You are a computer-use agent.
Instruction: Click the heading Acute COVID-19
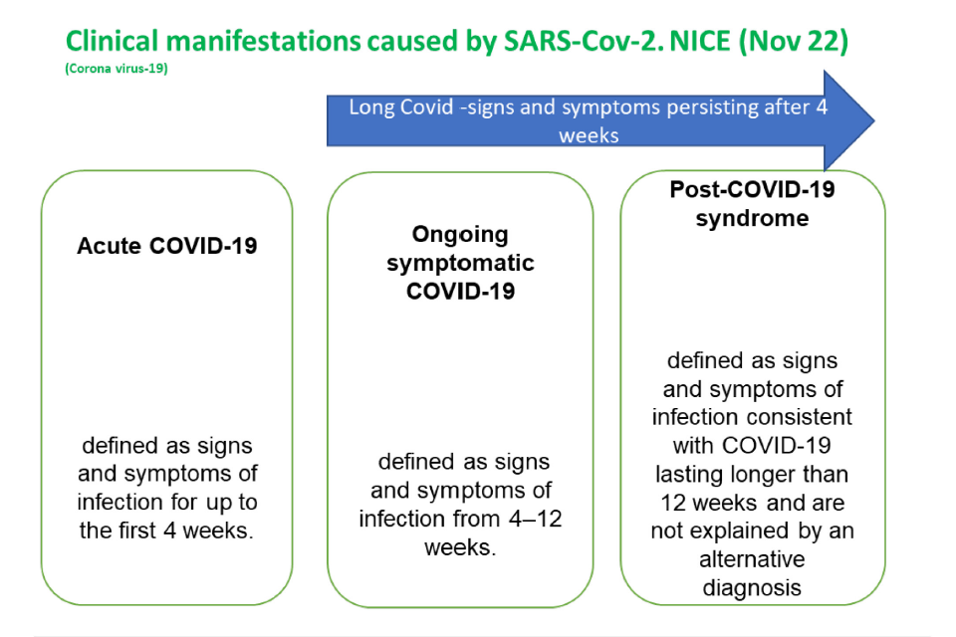[167, 246]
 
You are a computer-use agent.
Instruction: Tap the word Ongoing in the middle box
[460, 235]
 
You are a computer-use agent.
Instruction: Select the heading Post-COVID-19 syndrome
[753, 204]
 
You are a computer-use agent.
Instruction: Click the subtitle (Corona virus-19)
[117, 69]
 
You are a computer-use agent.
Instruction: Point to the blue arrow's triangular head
[846, 120]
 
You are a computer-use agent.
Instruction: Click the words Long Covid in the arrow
[401, 107]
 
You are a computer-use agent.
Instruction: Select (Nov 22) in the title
[794, 42]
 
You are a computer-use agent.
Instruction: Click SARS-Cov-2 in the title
[583, 42]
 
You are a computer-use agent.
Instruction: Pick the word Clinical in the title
[112, 42]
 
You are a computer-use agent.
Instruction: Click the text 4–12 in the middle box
[535, 519]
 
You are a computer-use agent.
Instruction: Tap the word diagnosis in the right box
[752, 588]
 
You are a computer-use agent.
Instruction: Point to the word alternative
[752, 559]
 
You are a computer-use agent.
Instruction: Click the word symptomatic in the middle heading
[460, 264]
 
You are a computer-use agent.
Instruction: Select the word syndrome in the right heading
[753, 218]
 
